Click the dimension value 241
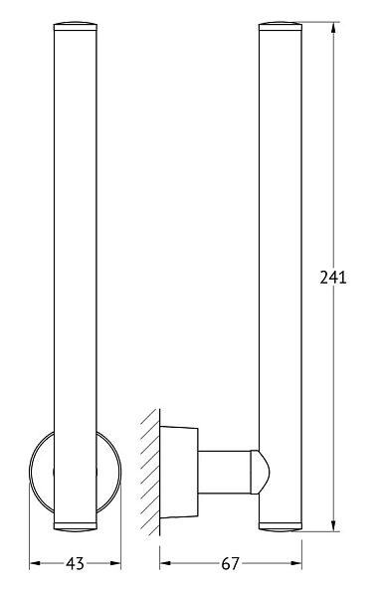[333, 278]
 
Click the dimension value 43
[75, 563]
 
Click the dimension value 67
[230, 563]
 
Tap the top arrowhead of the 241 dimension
[333, 28]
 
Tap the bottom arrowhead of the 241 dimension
[333, 525]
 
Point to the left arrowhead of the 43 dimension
[35, 563]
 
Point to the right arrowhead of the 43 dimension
[115, 563]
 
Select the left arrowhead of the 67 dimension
[165, 563]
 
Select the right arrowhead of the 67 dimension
[296, 563]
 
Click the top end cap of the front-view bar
[76, 26]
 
